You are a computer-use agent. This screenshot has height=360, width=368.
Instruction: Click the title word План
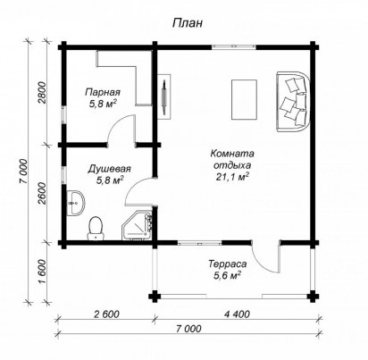coord(188,22)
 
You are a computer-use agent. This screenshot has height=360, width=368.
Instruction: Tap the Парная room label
coord(103,92)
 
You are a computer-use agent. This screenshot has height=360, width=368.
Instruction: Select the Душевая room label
coord(110,169)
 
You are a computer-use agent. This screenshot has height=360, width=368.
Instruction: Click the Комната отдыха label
coord(232,159)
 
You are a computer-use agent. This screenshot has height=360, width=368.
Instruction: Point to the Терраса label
coord(228,264)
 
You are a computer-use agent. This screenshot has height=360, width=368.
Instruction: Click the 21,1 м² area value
coord(232,177)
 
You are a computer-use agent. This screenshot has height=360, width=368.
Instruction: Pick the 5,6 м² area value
coord(227,275)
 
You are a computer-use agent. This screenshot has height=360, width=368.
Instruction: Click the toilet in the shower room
coord(96,228)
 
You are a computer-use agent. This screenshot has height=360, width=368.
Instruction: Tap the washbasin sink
coord(77,203)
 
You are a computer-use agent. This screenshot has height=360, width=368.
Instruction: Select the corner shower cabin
coord(138,225)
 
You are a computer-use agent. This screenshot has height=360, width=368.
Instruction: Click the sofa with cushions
coord(293,101)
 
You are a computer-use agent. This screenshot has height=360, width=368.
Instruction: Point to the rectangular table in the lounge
coord(244,99)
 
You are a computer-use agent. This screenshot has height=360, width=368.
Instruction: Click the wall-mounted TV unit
coord(163,96)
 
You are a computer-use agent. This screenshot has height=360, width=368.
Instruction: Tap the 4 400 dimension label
coord(237,314)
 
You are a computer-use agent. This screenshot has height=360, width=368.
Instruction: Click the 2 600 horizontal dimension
coord(106,314)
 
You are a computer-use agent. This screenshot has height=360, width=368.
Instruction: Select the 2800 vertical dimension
coord(43,92)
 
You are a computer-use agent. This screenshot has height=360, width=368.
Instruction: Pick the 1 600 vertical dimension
coord(43,272)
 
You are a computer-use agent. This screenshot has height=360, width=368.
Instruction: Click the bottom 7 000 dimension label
coord(188,329)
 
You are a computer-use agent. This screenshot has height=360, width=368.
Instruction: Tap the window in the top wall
coord(234,46)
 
